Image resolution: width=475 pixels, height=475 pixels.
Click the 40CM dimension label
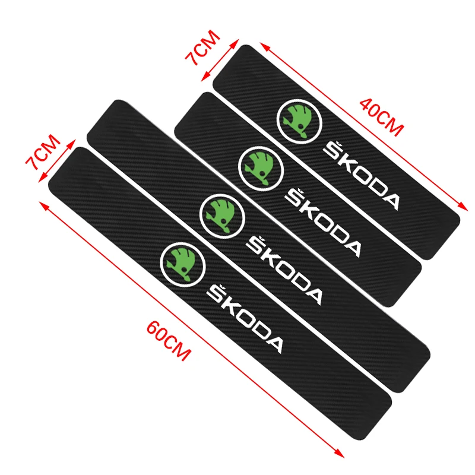(x=382, y=117)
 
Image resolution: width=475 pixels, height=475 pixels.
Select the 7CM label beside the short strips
(x=202, y=47)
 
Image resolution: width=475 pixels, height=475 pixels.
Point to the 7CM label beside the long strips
(x=43, y=153)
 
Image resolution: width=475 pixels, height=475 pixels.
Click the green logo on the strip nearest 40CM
(x=299, y=122)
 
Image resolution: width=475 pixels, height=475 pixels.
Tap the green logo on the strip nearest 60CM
(x=183, y=264)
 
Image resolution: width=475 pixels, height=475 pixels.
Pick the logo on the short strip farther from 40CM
(x=261, y=169)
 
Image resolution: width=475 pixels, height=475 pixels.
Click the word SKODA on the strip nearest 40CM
(x=362, y=176)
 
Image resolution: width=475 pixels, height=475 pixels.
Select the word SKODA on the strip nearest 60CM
(x=245, y=319)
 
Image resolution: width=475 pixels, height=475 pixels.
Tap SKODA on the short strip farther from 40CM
(x=323, y=223)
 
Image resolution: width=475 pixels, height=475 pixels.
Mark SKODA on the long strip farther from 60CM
(x=284, y=271)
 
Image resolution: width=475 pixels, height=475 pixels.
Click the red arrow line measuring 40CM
(x=364, y=126)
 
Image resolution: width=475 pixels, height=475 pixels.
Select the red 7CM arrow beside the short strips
(x=220, y=60)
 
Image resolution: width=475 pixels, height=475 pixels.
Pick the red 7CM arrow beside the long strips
(x=57, y=161)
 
